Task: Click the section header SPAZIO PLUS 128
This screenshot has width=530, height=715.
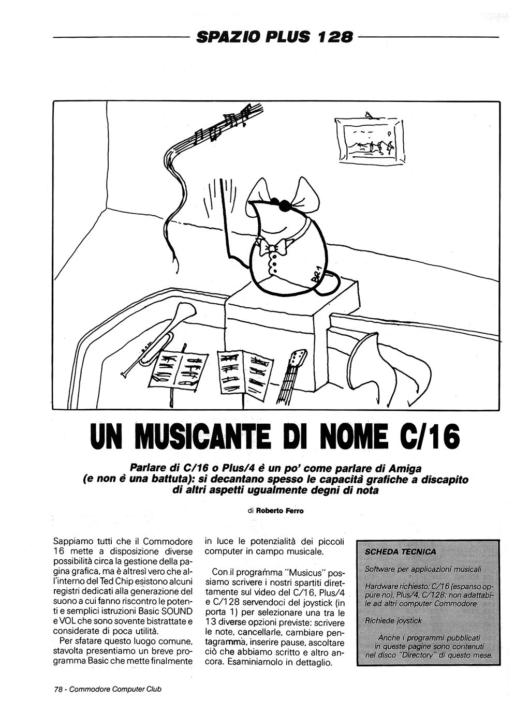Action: [275, 37]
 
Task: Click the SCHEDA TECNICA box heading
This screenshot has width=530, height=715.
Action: [400, 552]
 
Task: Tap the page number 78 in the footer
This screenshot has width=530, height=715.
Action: [58, 689]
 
